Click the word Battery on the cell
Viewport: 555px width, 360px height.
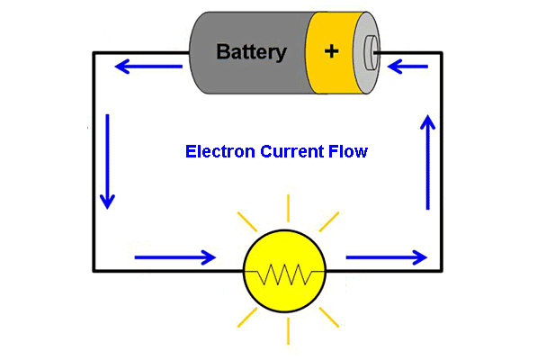(251, 51)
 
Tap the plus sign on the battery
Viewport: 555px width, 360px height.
(332, 51)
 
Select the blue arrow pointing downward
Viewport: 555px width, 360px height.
(108, 162)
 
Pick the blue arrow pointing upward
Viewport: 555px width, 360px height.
(428, 162)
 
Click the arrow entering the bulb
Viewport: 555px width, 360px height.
(175, 257)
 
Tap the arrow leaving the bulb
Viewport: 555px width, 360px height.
(387, 257)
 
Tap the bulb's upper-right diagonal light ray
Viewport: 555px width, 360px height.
(329, 221)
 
